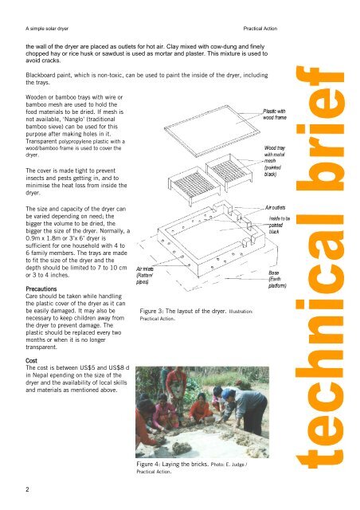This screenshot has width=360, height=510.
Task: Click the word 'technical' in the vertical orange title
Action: [326, 343]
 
